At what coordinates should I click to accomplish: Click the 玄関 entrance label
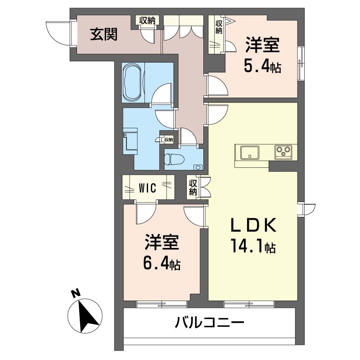click(103, 35)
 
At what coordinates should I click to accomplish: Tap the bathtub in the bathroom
click(132, 82)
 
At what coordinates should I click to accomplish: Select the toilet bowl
click(174, 159)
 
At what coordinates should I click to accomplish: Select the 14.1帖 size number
click(253, 246)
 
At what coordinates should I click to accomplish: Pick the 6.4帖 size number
click(162, 264)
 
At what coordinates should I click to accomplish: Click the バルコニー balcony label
click(209, 322)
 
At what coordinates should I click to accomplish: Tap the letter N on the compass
click(76, 293)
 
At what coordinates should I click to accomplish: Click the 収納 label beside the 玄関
click(147, 20)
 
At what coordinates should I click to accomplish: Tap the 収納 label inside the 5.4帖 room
click(219, 27)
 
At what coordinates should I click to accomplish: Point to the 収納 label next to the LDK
click(193, 187)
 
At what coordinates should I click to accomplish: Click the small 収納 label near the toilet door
click(168, 139)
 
